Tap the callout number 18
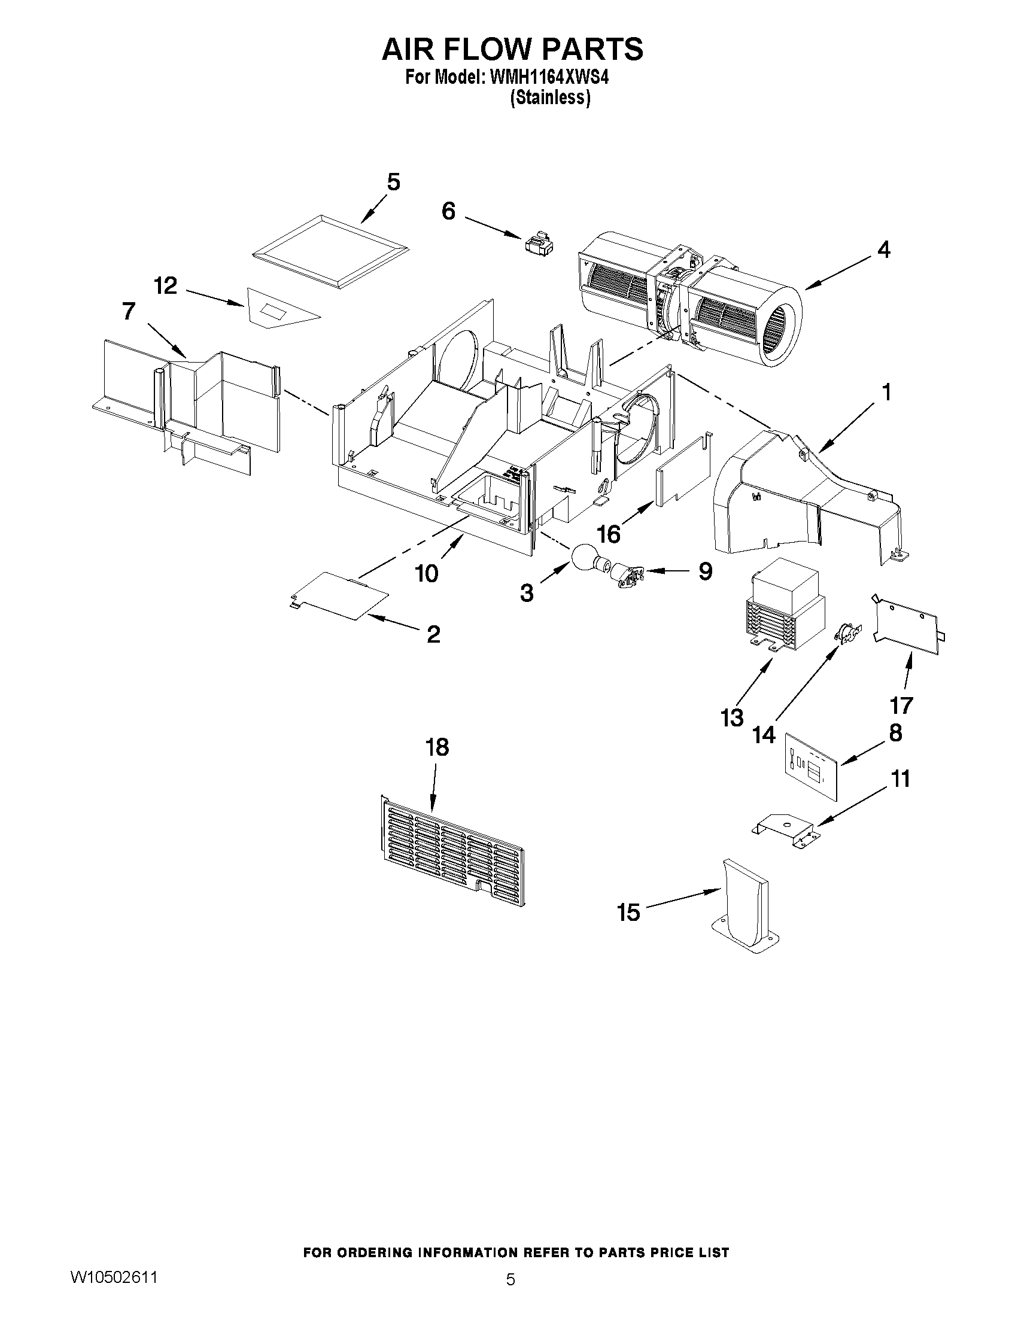coord(437,747)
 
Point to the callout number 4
coord(883,250)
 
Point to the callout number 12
coord(165,286)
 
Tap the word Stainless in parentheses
coord(549,98)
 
